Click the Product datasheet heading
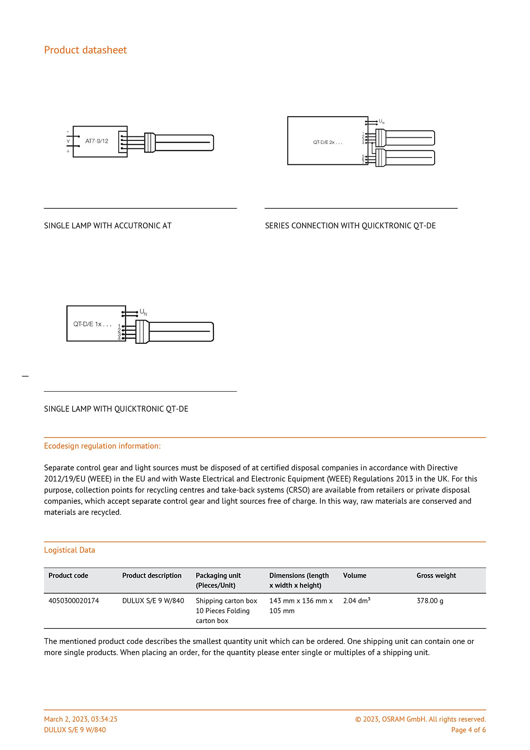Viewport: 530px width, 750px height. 85,50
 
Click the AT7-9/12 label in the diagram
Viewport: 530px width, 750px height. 97,141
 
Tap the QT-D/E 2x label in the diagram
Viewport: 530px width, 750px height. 328,142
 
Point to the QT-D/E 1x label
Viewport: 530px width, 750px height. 92,324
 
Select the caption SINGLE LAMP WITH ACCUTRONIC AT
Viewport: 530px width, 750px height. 108,226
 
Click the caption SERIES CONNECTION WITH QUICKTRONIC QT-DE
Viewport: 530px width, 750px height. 350,226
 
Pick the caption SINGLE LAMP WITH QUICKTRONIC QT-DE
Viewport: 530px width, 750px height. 116,409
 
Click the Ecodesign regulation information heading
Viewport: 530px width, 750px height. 102,446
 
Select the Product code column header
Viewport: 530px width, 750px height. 68,576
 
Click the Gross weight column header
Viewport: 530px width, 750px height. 436,576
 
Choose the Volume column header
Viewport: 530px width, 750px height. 355,576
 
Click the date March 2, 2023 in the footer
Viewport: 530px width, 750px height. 81,719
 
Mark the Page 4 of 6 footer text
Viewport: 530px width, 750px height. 468,730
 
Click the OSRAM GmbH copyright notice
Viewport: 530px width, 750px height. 420,719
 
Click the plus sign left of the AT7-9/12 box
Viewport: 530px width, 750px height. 68,151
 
